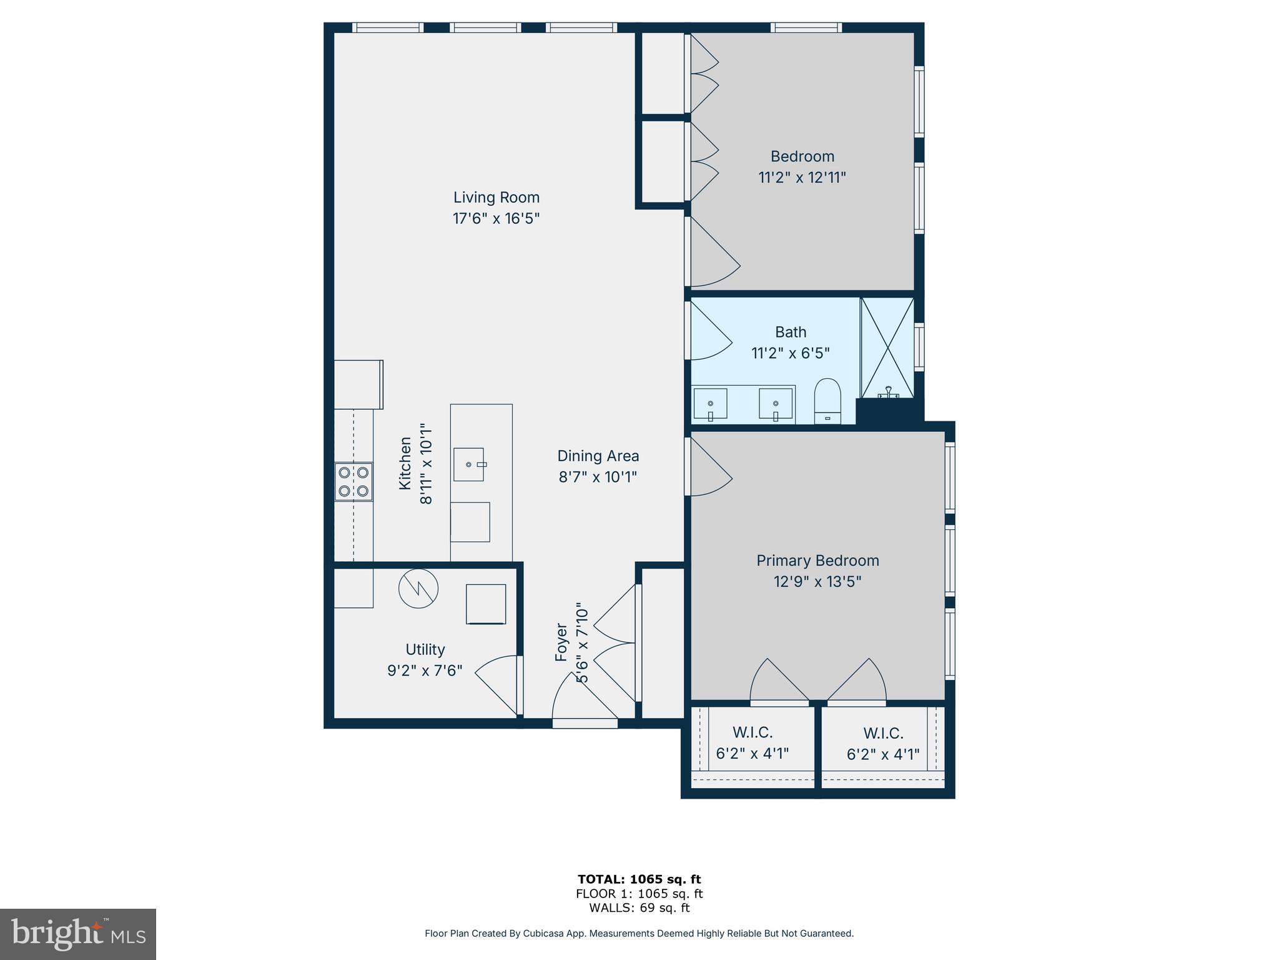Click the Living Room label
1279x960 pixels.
(496, 197)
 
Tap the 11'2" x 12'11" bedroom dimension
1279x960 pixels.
(802, 177)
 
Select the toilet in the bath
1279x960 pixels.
(827, 400)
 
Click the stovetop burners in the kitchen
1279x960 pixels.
(353, 482)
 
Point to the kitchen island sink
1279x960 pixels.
(468, 464)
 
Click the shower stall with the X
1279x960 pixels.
(887, 347)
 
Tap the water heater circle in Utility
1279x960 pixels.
(418, 588)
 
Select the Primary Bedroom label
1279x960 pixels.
(817, 561)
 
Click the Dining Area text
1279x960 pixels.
(598, 456)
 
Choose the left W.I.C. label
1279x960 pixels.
(753, 732)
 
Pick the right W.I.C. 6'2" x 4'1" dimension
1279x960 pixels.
(883, 754)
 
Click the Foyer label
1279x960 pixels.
(561, 642)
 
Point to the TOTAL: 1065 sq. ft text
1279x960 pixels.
(639, 879)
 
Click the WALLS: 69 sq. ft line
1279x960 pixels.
(639, 908)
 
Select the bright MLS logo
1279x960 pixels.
(78, 934)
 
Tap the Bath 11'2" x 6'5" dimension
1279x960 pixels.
(790, 354)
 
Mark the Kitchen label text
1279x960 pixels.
(405, 463)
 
